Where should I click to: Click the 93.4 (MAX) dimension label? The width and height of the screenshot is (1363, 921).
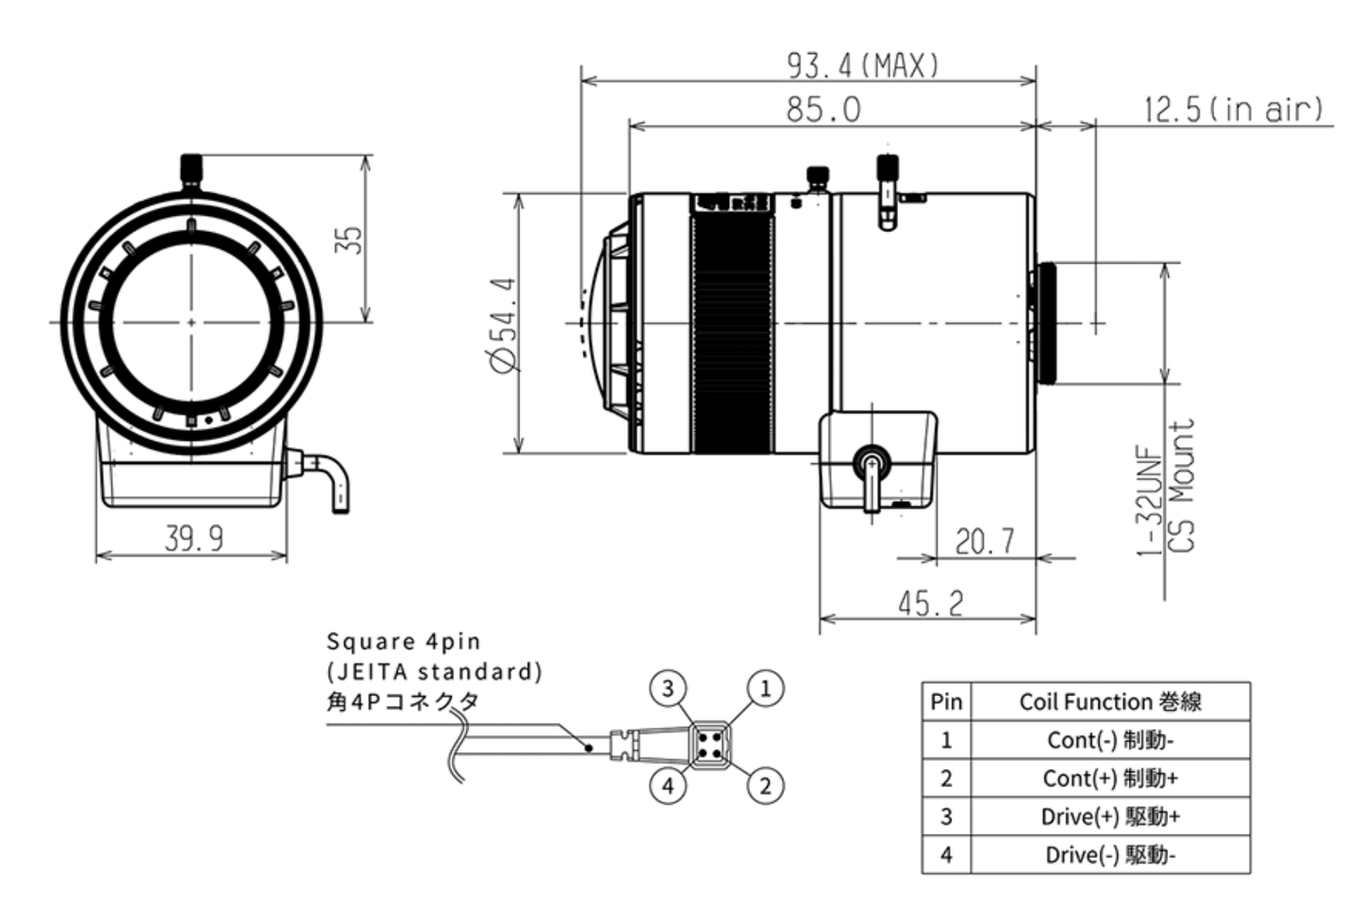pos(863,65)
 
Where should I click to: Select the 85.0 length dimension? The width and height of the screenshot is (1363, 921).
pos(823,109)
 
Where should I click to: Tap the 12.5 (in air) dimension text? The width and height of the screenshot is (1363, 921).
pos(1233,109)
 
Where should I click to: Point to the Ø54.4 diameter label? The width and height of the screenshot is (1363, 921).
pos(504,324)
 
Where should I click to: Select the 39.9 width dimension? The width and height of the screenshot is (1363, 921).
pos(194,538)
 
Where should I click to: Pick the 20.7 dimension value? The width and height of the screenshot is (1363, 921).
pos(985,541)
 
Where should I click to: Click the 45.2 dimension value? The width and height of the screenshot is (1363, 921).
pos(930,602)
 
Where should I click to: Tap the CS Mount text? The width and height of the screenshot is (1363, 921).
pos(1181,485)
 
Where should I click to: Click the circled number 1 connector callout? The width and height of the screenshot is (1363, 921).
pos(765,688)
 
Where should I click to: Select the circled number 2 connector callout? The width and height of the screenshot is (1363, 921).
pos(765,785)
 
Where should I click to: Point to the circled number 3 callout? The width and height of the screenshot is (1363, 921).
pos(668,688)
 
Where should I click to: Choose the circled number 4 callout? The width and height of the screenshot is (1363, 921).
pos(668,785)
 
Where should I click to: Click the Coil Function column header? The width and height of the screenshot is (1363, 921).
pos(1109,701)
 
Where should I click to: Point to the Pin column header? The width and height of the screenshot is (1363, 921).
pos(946,701)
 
